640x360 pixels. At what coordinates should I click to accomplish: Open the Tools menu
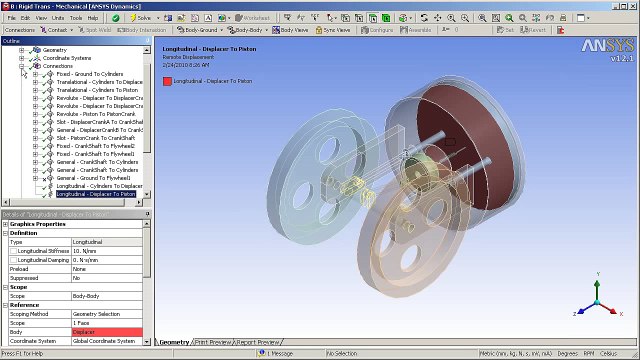coord(76,18)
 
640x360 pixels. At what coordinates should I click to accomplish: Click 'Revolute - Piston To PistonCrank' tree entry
coord(96,114)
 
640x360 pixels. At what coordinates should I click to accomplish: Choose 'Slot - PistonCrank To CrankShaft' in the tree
coord(99,138)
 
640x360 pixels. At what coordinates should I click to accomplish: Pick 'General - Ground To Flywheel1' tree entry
coord(96,178)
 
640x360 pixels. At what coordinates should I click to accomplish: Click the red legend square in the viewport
coord(167,80)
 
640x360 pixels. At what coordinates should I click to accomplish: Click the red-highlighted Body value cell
coord(106,332)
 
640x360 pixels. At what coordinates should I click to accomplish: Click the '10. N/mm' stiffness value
coord(106,250)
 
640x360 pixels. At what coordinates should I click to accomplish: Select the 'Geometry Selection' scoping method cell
coord(106,314)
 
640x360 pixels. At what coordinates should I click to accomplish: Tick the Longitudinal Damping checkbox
coord(13,259)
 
